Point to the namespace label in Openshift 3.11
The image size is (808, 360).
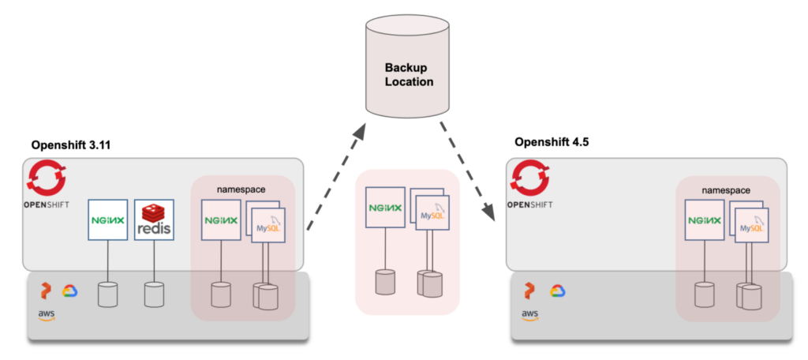241,189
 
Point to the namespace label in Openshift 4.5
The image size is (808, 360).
725,191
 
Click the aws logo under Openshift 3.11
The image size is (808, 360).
47,314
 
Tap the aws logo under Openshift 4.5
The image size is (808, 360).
529,315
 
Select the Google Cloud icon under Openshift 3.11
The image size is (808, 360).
68,291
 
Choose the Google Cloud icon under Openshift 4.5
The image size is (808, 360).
557,291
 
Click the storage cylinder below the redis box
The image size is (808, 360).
154,294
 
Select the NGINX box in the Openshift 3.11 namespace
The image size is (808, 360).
222,221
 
